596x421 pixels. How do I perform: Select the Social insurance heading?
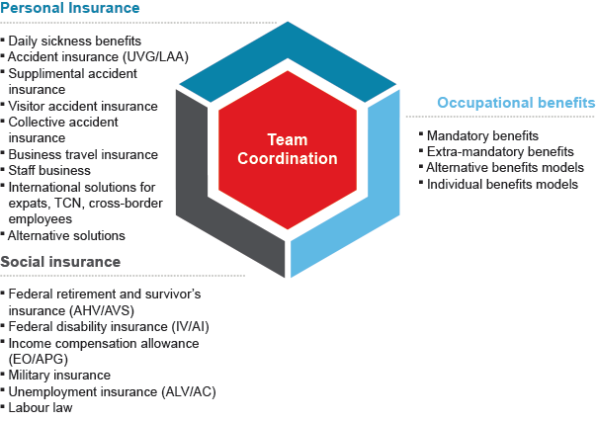point(61,262)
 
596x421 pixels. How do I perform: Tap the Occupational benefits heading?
point(515,102)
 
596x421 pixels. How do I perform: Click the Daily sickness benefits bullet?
point(74,42)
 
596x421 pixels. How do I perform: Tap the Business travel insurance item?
point(82,154)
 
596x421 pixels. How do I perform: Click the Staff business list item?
point(50,170)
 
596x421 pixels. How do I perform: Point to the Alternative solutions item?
point(66,235)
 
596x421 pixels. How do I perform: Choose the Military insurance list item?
point(59,375)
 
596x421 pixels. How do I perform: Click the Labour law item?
point(41,406)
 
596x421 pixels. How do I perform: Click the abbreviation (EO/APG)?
point(41,359)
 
